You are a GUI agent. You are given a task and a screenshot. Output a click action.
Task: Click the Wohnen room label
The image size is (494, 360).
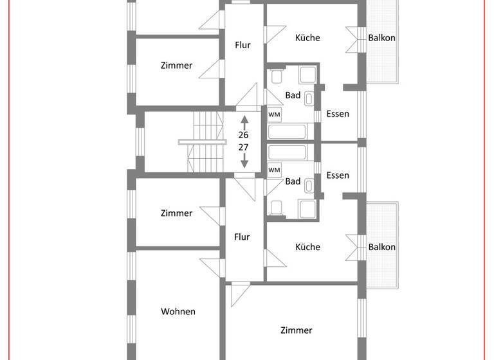(178, 312)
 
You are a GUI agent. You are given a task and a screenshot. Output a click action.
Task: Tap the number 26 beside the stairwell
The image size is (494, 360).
(243, 135)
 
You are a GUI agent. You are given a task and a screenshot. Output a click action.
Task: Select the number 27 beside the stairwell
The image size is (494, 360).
(243, 147)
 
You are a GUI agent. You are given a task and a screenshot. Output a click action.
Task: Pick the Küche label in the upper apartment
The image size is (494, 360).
(307, 38)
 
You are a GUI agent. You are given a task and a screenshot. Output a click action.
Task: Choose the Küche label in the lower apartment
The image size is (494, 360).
(307, 247)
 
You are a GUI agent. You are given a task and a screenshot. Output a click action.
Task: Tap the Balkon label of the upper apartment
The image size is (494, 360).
(381, 38)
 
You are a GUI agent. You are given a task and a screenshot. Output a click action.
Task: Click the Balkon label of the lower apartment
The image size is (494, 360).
(381, 247)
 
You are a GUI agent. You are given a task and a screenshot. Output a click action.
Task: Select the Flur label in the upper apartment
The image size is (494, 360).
(242, 45)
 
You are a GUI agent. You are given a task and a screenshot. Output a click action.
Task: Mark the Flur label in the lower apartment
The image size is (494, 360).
(242, 237)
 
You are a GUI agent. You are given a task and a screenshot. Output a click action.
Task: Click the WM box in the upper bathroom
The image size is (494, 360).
(274, 114)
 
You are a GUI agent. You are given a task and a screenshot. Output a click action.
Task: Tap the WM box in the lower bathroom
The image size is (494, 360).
(274, 170)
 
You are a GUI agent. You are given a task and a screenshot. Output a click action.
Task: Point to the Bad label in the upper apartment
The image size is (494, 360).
(293, 95)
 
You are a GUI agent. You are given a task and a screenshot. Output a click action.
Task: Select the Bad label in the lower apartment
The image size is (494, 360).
(293, 181)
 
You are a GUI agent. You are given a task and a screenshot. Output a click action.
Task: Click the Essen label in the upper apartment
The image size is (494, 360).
(338, 114)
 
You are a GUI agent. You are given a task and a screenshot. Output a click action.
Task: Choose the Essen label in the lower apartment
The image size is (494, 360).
(338, 175)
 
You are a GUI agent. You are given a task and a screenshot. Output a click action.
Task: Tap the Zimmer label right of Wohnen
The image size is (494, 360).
(297, 330)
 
